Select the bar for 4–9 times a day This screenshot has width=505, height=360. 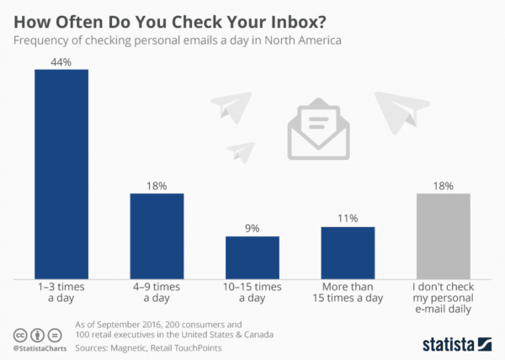tap(157, 236)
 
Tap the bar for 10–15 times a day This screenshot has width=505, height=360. tap(252, 257)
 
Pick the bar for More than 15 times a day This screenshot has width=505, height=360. tap(348, 252)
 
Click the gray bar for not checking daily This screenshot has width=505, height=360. tap(444, 236)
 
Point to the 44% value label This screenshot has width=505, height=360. tap(61, 61)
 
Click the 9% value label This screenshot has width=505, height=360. tap(252, 228)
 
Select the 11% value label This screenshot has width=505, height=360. tap(348, 218)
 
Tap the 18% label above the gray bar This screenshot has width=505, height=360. tap(444, 185)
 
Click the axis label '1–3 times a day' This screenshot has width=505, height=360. tap(61, 293)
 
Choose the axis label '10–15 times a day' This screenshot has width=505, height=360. tap(252, 293)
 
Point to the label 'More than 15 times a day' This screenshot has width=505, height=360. tap(348, 293)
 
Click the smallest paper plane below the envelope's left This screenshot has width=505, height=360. tap(241, 151)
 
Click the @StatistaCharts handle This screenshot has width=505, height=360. tap(40, 347)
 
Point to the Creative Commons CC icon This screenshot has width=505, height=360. tap(19, 333)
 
